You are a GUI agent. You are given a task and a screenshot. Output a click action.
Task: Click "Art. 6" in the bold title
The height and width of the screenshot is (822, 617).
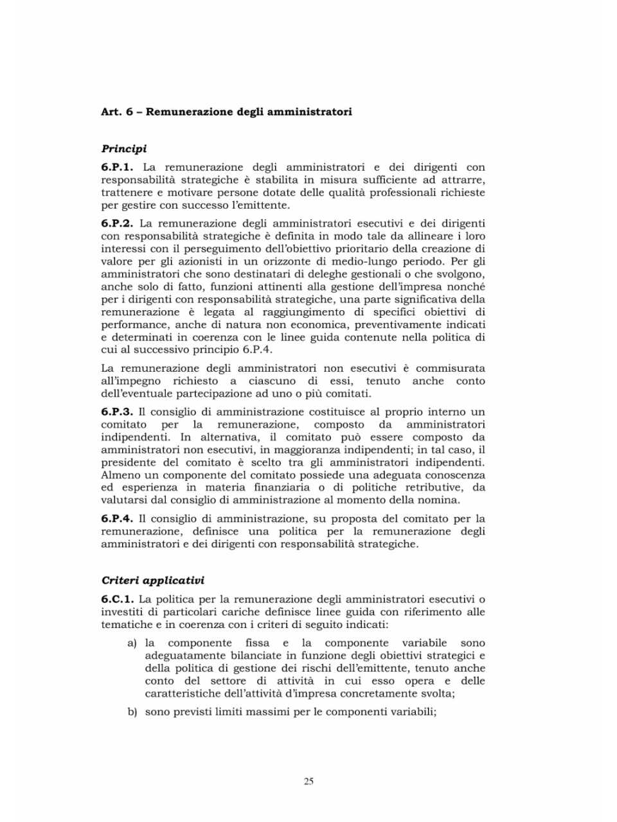(x=117, y=112)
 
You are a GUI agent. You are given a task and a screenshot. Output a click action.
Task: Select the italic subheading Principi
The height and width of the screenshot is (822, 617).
(x=124, y=149)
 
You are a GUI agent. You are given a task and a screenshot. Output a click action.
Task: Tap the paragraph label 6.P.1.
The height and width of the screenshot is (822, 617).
(x=117, y=167)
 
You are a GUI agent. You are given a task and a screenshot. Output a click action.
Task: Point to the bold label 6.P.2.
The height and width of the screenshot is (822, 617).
(x=117, y=223)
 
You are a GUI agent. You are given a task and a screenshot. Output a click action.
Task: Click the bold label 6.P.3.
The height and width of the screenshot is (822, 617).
(x=117, y=412)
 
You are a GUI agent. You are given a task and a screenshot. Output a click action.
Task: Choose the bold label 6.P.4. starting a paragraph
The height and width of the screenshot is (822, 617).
(x=117, y=518)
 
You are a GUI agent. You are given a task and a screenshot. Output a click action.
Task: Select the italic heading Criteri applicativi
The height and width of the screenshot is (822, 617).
(x=153, y=581)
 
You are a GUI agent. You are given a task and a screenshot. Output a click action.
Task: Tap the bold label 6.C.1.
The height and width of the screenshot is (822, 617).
(x=117, y=599)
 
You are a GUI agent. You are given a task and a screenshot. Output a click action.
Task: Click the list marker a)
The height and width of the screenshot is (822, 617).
(x=132, y=643)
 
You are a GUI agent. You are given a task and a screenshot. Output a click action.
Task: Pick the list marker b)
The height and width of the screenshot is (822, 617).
(x=132, y=712)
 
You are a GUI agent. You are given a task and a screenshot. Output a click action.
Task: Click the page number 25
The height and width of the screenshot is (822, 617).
(x=308, y=782)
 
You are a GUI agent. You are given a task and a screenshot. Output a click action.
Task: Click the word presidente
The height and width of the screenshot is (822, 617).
(x=128, y=462)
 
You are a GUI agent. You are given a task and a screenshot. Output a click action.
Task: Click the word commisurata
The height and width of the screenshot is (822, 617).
(x=450, y=368)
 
